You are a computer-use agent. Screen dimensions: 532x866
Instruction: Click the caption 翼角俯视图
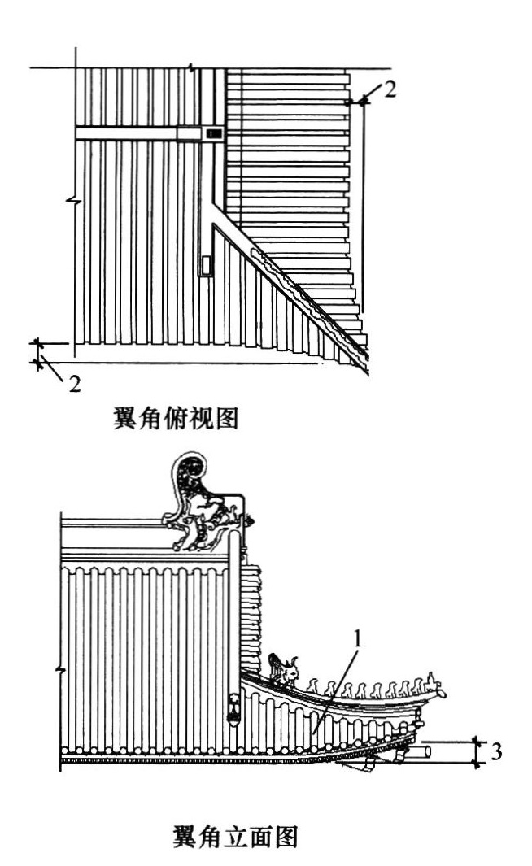tap(176, 418)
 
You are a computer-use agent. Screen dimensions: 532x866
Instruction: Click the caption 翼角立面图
tap(235, 836)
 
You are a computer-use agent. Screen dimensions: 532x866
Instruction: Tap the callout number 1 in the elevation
tap(358, 640)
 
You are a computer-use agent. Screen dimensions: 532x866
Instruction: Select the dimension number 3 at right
tap(497, 751)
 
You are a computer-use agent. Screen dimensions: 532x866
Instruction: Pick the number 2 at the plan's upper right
tap(390, 89)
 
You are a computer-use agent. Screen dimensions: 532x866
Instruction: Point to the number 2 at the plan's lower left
tap(75, 383)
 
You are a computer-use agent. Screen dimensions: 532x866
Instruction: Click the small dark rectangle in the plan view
tap(214, 133)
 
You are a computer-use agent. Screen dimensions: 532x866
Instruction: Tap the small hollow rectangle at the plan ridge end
tap(207, 265)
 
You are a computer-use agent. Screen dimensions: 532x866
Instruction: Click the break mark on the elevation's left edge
tap(61, 671)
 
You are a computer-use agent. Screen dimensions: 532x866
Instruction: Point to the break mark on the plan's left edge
tap(74, 201)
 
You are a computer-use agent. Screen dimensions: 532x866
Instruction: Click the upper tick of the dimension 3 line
tap(477, 741)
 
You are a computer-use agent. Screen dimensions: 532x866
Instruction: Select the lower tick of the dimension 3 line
tap(477, 764)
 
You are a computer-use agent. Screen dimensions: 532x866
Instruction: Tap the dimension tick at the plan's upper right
tap(363, 102)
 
